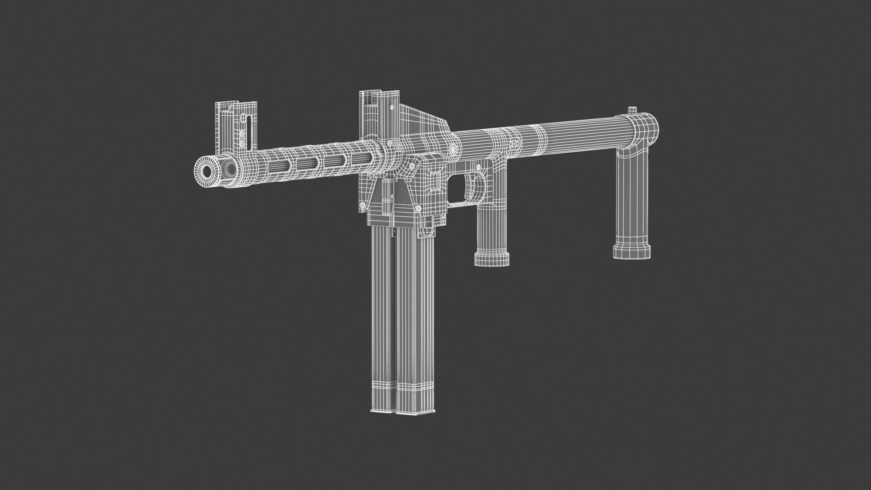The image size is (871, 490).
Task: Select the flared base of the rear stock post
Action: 632,250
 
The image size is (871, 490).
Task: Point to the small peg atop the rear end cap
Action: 632,110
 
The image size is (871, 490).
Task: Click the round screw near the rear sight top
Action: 392,107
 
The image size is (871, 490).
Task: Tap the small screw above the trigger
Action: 476,166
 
